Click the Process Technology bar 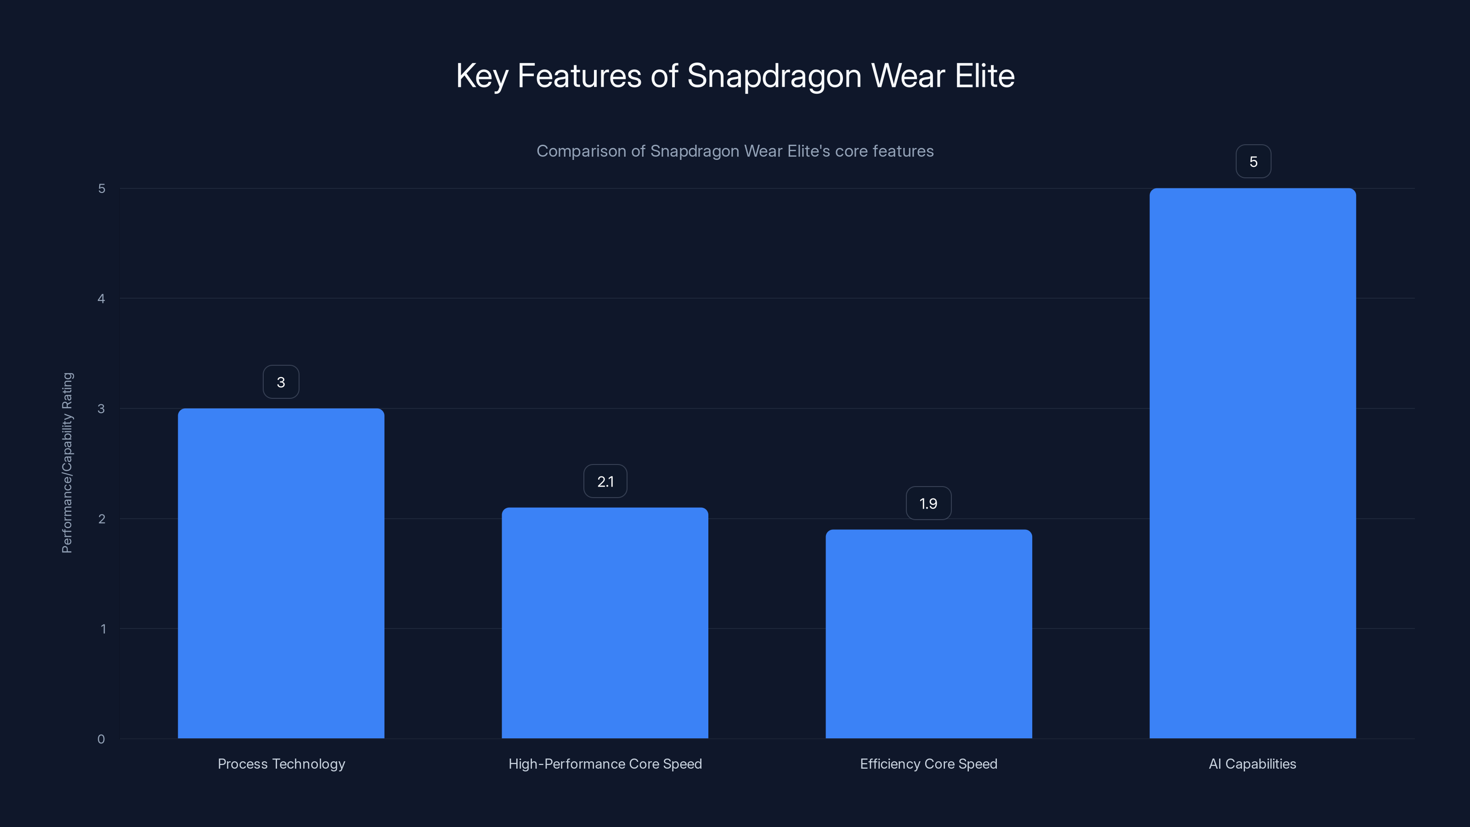click(281, 573)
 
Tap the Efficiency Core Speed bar click(928, 634)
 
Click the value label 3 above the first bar click(281, 382)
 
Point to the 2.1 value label click(605, 481)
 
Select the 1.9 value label click(928, 503)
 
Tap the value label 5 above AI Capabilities click(1253, 162)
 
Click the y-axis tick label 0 click(101, 739)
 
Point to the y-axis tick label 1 click(103, 629)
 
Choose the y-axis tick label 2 click(102, 519)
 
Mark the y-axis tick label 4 click(102, 299)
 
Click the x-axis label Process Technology click(281, 764)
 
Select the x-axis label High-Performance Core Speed click(605, 764)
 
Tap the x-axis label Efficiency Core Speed click(928, 764)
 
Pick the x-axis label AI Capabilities click(1253, 764)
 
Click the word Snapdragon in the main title click(774, 76)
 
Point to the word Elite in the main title click(984, 75)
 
